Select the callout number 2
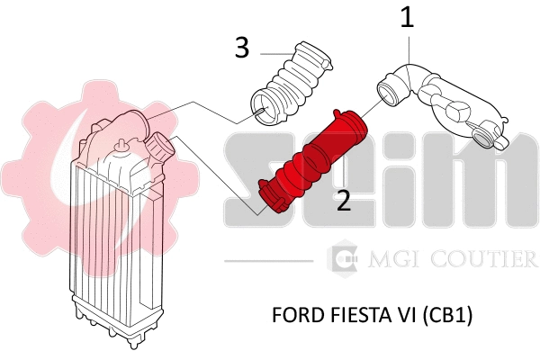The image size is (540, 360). (x=344, y=199)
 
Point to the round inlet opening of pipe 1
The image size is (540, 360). (x=389, y=92)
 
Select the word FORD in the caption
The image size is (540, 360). (x=293, y=318)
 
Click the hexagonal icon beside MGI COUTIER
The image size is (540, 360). (x=343, y=259)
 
